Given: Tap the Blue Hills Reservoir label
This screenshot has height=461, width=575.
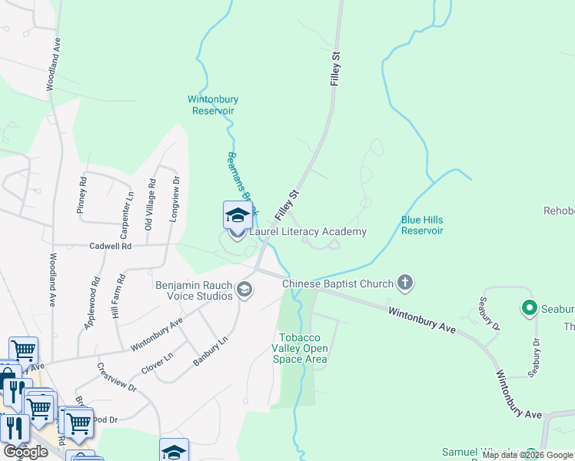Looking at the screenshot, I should coord(422,225).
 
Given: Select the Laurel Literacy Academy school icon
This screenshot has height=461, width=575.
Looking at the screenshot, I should coord(238,216).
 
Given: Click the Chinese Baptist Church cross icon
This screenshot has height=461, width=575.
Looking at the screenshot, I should coord(406,284).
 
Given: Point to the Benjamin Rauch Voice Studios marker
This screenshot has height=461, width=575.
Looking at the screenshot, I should coord(244,289).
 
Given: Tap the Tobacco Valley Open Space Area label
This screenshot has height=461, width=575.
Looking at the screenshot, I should coord(303,349).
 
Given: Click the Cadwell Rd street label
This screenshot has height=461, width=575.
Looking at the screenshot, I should coord(111,246).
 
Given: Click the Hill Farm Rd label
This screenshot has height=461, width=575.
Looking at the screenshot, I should coord(118,297).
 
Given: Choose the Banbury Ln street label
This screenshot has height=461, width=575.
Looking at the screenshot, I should coord(211,350).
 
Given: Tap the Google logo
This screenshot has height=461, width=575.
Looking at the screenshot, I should coord(25,452).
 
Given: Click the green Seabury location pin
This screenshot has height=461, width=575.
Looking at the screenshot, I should coord(529,309).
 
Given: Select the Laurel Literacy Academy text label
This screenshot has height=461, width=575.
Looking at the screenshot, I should coord(307,231).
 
